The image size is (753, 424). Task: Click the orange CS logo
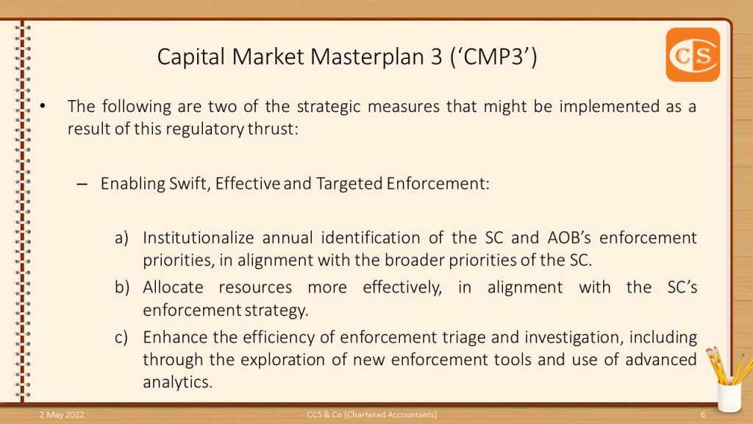pos(693,54)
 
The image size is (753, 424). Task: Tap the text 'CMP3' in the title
pos(493,57)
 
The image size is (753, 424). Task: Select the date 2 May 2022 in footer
pos(62,414)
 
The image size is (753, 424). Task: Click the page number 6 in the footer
pos(703,414)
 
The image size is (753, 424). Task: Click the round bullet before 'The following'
pos(43,106)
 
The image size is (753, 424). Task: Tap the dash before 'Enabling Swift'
pos(82,184)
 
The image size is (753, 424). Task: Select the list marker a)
pos(121,238)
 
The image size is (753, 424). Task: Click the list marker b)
pos(122,288)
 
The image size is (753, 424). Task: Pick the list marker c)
pos(121,337)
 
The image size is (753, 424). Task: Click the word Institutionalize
pos(199,238)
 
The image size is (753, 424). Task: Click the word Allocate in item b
pos(173,287)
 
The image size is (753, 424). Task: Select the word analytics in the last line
pos(177,383)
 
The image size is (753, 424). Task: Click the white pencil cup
pos(729,395)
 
